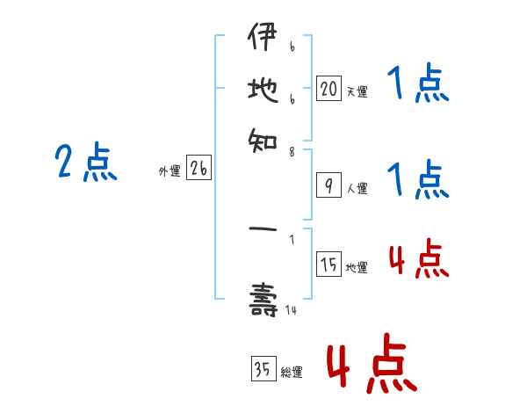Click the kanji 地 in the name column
263,88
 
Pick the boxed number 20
328,88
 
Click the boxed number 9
328,185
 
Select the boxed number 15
328,265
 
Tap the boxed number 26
199,170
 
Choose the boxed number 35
263,370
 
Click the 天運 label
357,91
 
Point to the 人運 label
357,188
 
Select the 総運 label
291,373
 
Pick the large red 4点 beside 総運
372,363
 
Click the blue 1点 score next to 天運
417,85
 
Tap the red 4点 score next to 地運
418,260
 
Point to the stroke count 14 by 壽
291,309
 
